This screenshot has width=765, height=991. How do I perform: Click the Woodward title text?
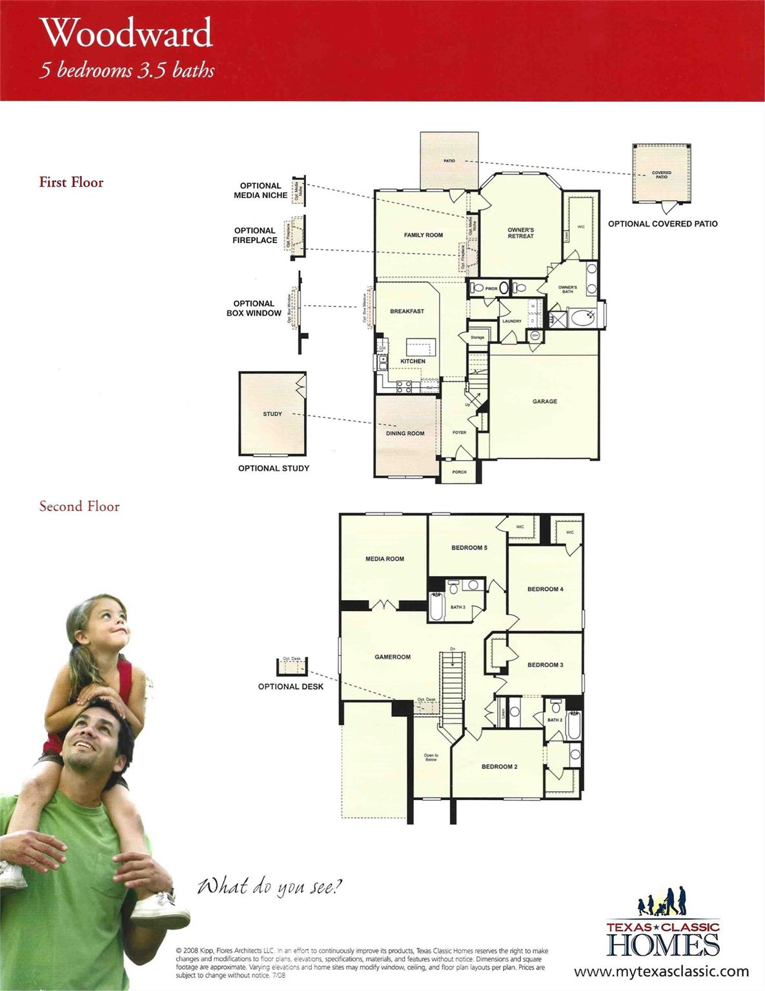[x=127, y=34]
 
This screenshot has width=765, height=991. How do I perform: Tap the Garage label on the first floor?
[x=544, y=401]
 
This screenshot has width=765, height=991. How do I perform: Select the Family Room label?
[x=423, y=235]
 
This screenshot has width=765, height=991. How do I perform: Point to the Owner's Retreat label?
[x=520, y=233]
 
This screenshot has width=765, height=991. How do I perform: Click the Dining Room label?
[x=405, y=434]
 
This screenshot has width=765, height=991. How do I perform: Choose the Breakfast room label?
[x=407, y=311]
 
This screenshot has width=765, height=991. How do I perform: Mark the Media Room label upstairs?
[x=385, y=559]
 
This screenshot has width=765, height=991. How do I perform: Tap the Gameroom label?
[x=393, y=657]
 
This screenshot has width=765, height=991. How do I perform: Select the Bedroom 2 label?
[x=499, y=766]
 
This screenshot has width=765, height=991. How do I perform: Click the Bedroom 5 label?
[x=469, y=548]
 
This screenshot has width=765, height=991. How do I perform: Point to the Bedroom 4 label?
[x=545, y=589]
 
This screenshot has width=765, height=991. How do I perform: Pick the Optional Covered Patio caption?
[x=662, y=224]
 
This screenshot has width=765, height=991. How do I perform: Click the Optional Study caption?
[x=274, y=468]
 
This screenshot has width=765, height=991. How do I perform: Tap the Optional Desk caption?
[x=291, y=686]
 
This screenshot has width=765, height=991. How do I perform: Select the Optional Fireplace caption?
[x=255, y=235]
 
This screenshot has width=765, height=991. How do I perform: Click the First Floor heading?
[x=71, y=183]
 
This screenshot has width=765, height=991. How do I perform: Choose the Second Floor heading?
[x=79, y=506]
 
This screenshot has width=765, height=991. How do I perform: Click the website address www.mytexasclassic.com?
[x=661, y=972]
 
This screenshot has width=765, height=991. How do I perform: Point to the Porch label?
[x=459, y=472]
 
